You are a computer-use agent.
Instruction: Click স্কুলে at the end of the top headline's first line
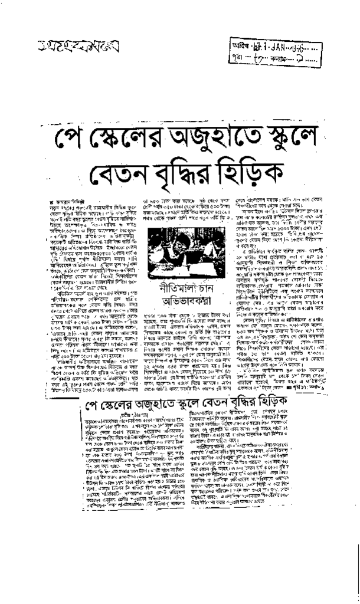point(287,138)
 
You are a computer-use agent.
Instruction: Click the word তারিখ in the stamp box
point(242,47)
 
